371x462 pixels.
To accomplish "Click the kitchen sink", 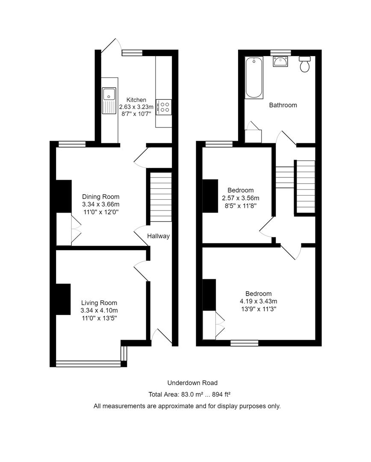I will coord(109,101).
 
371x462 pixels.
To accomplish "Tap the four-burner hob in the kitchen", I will coord(164,107).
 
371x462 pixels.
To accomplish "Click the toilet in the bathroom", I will coord(305,64).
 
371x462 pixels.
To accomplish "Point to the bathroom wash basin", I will coord(281,62).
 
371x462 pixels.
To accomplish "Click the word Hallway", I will coord(159,236).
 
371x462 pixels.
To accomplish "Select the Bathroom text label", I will coord(283,105).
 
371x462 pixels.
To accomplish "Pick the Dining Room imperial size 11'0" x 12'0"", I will coord(101,212).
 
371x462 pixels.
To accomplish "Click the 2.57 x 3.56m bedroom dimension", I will coord(241,198).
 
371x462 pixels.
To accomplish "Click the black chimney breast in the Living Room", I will coord(63,299).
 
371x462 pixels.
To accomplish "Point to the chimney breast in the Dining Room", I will coord(63,196).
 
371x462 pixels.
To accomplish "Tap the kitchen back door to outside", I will coord(110,46).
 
